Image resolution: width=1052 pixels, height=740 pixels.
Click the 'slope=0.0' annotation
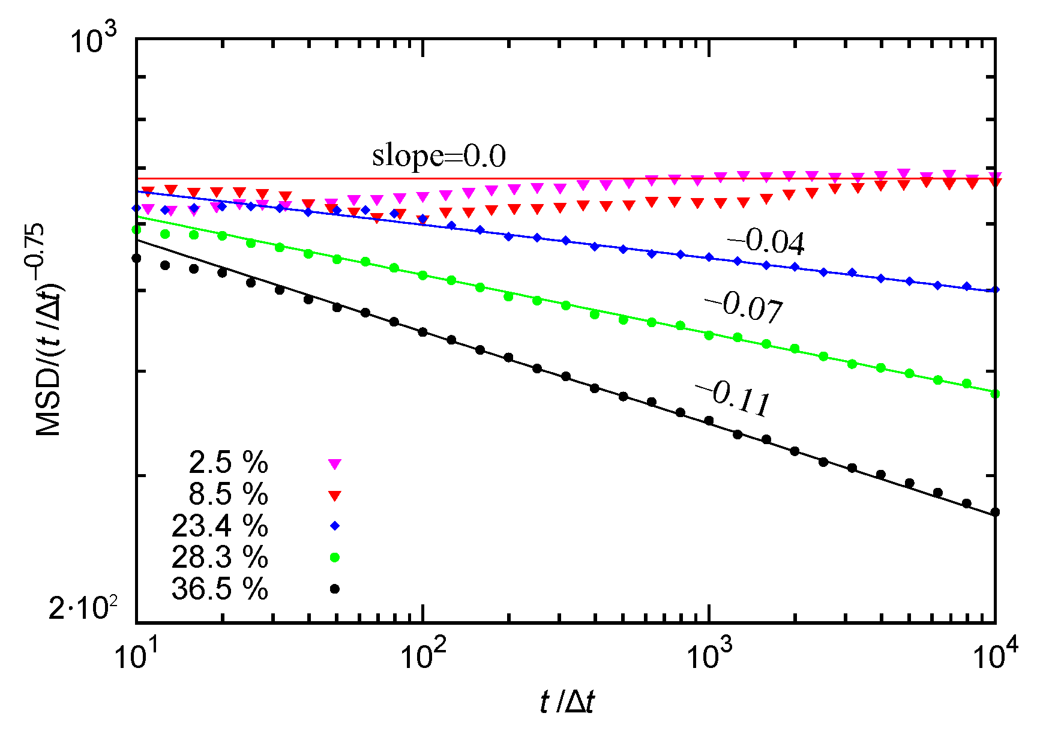coord(439,155)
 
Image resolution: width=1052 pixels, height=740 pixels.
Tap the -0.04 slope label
coord(766,242)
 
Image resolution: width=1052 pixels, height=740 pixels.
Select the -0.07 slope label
coord(744,308)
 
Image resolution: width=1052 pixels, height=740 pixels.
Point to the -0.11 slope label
coord(732,399)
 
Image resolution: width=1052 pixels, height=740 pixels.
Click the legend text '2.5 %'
coord(228,463)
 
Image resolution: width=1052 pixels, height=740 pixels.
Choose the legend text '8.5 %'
coord(228,495)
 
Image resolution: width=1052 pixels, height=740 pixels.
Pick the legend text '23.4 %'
coord(220,526)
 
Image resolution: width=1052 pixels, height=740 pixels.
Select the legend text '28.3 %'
coord(220,558)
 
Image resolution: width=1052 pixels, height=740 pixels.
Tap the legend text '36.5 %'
coord(220,589)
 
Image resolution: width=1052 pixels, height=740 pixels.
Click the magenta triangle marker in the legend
coord(335,464)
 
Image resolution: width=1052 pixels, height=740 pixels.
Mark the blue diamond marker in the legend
coord(335,526)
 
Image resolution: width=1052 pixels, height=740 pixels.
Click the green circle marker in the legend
coord(335,558)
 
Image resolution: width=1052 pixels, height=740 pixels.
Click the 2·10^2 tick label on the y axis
coord(84,609)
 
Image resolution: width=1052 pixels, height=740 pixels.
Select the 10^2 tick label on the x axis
coord(424,657)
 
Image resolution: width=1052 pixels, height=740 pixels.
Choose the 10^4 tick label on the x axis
coord(996,657)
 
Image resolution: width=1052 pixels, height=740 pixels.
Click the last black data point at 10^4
coord(995,512)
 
